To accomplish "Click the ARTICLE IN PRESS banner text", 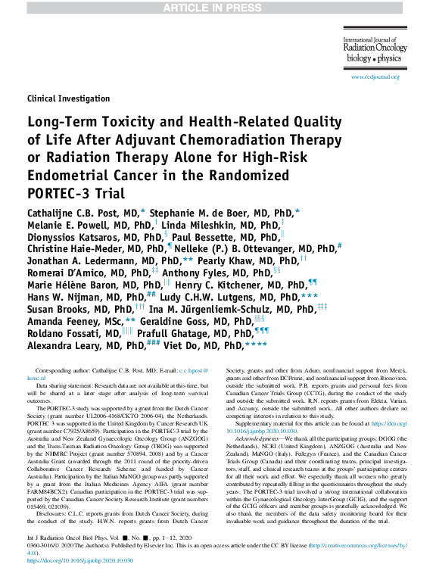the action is coord(218,8).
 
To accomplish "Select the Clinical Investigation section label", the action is coord(68,98).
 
